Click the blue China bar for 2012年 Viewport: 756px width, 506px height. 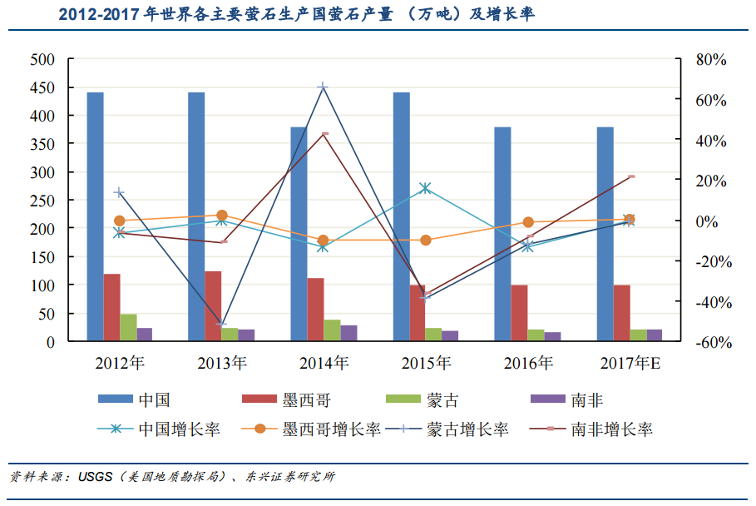point(96,216)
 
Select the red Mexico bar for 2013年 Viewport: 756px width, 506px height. point(213,305)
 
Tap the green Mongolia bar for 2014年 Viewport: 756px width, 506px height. point(332,330)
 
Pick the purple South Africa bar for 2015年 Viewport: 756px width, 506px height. point(450,336)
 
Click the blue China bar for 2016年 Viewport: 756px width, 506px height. point(502,234)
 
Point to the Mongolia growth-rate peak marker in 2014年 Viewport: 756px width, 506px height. point(323,87)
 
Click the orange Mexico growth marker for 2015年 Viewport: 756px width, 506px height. point(426,241)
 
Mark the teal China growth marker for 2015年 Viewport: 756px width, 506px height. point(426,188)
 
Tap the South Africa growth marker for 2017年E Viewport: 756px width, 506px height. point(631,176)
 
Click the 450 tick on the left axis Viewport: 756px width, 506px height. point(42,88)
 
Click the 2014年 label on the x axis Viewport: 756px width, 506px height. point(324,364)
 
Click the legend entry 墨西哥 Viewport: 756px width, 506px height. point(306,400)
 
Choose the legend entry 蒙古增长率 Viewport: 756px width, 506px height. point(467,429)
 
